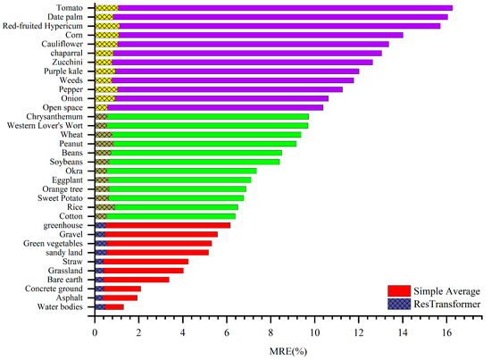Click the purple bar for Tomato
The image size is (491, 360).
[286, 7]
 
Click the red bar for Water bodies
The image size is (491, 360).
[115, 307]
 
